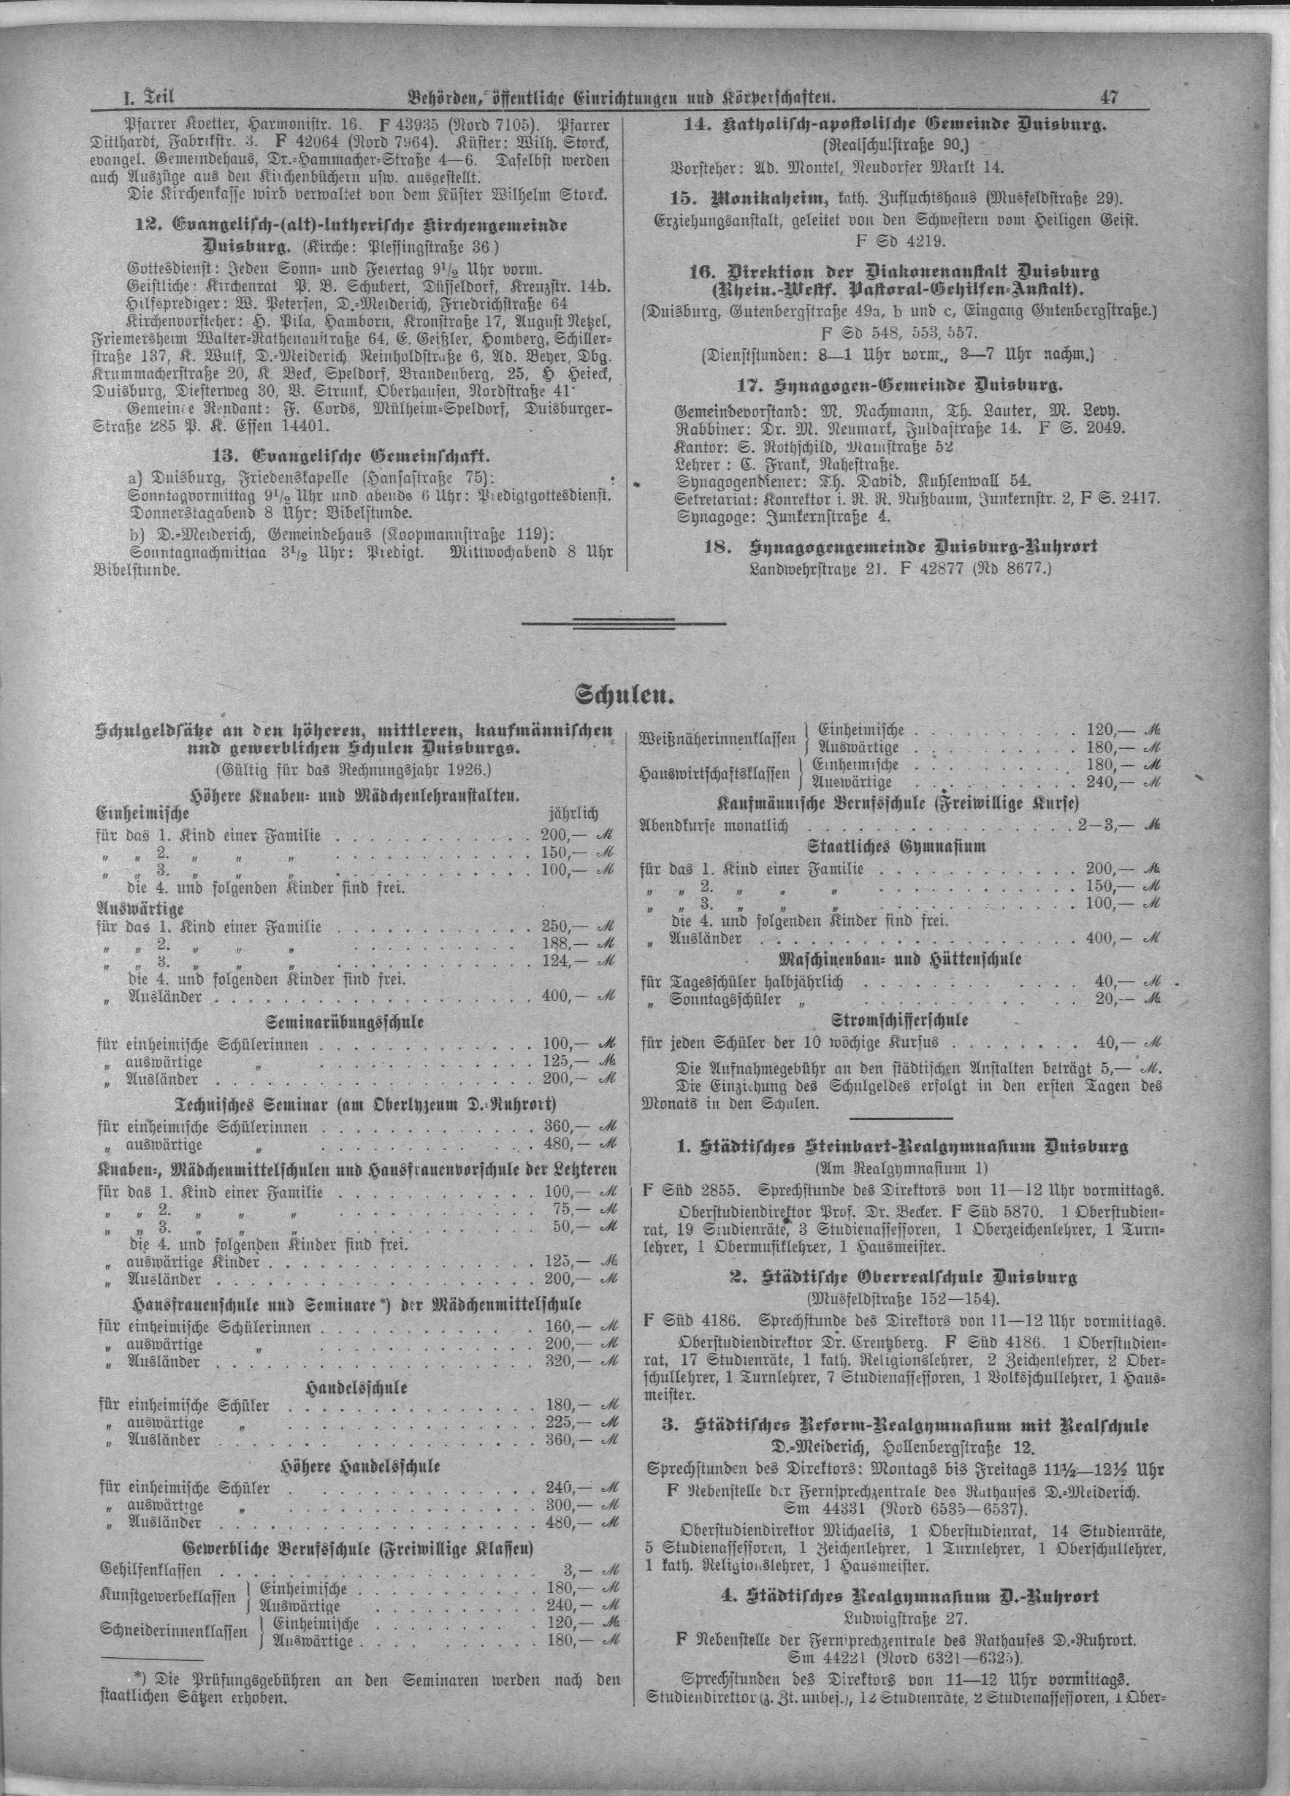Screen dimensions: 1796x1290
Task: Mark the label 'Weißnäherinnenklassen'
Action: click(717, 739)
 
